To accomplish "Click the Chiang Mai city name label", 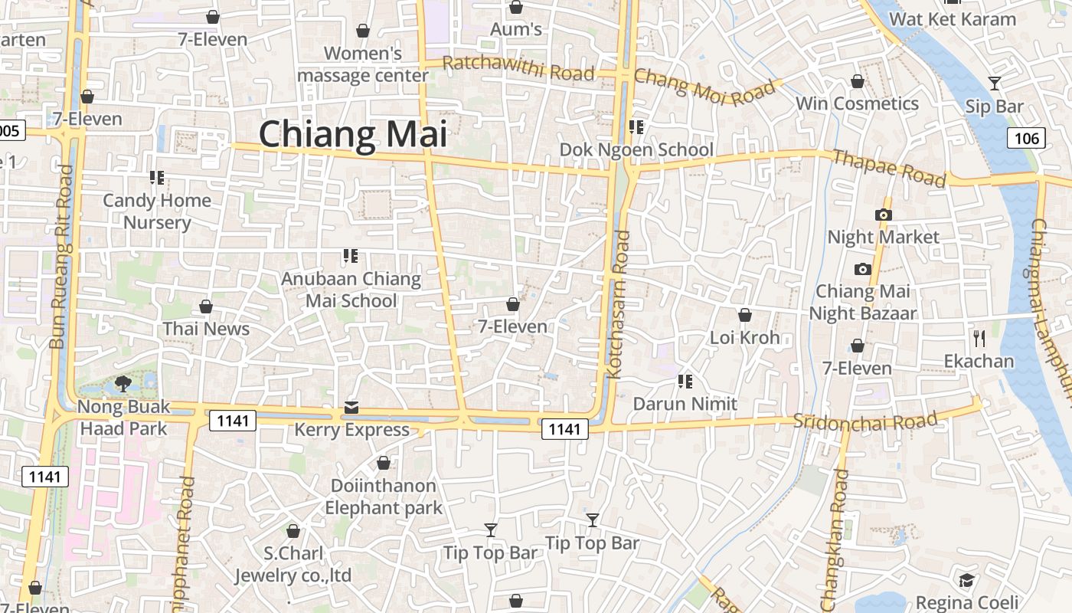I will (352, 134).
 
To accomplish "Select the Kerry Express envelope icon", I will (351, 407).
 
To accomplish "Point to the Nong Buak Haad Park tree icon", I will (123, 383).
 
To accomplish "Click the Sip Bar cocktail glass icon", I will (994, 84).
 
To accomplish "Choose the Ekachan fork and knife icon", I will (979, 338).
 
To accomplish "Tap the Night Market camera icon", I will (883, 215).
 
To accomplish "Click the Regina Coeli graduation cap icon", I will (967, 580).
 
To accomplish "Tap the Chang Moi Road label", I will (704, 87).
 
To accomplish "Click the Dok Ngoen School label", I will (636, 149).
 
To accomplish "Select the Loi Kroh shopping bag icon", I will (744, 315).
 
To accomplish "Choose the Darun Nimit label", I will (685, 404).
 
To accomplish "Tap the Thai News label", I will (206, 329).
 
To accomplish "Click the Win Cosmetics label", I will (857, 103).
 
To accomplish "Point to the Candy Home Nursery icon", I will (157, 178).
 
